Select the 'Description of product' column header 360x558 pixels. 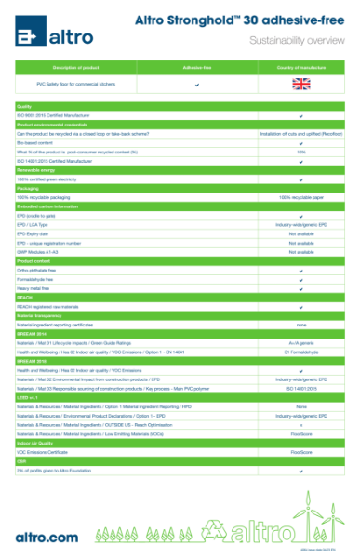point(75,68)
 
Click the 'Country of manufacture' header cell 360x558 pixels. point(300,68)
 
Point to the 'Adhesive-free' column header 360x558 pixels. point(198,68)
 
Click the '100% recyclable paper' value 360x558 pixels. point(300,198)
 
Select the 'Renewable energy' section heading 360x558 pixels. point(36,170)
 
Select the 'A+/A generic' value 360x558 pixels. point(300,343)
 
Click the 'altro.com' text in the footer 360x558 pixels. point(47,537)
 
